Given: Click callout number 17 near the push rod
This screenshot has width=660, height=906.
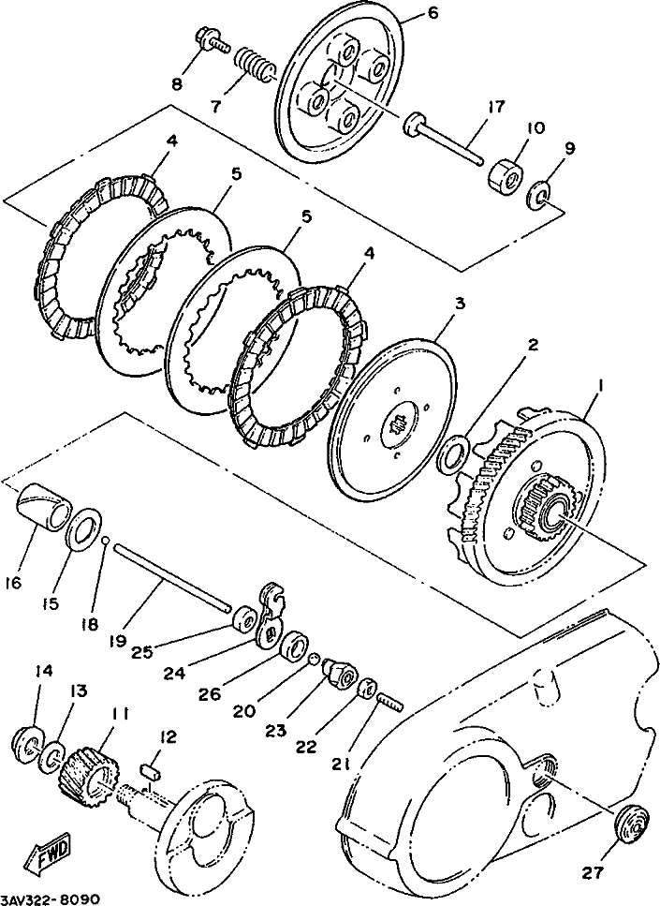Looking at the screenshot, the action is (x=496, y=107).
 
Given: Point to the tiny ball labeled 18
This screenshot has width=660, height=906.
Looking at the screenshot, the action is (x=105, y=540).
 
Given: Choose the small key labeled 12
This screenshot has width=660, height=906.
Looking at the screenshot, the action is (x=151, y=770).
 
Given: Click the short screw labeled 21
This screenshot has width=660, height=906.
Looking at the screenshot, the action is (x=390, y=702).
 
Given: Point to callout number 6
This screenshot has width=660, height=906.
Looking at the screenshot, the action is (x=433, y=11).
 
